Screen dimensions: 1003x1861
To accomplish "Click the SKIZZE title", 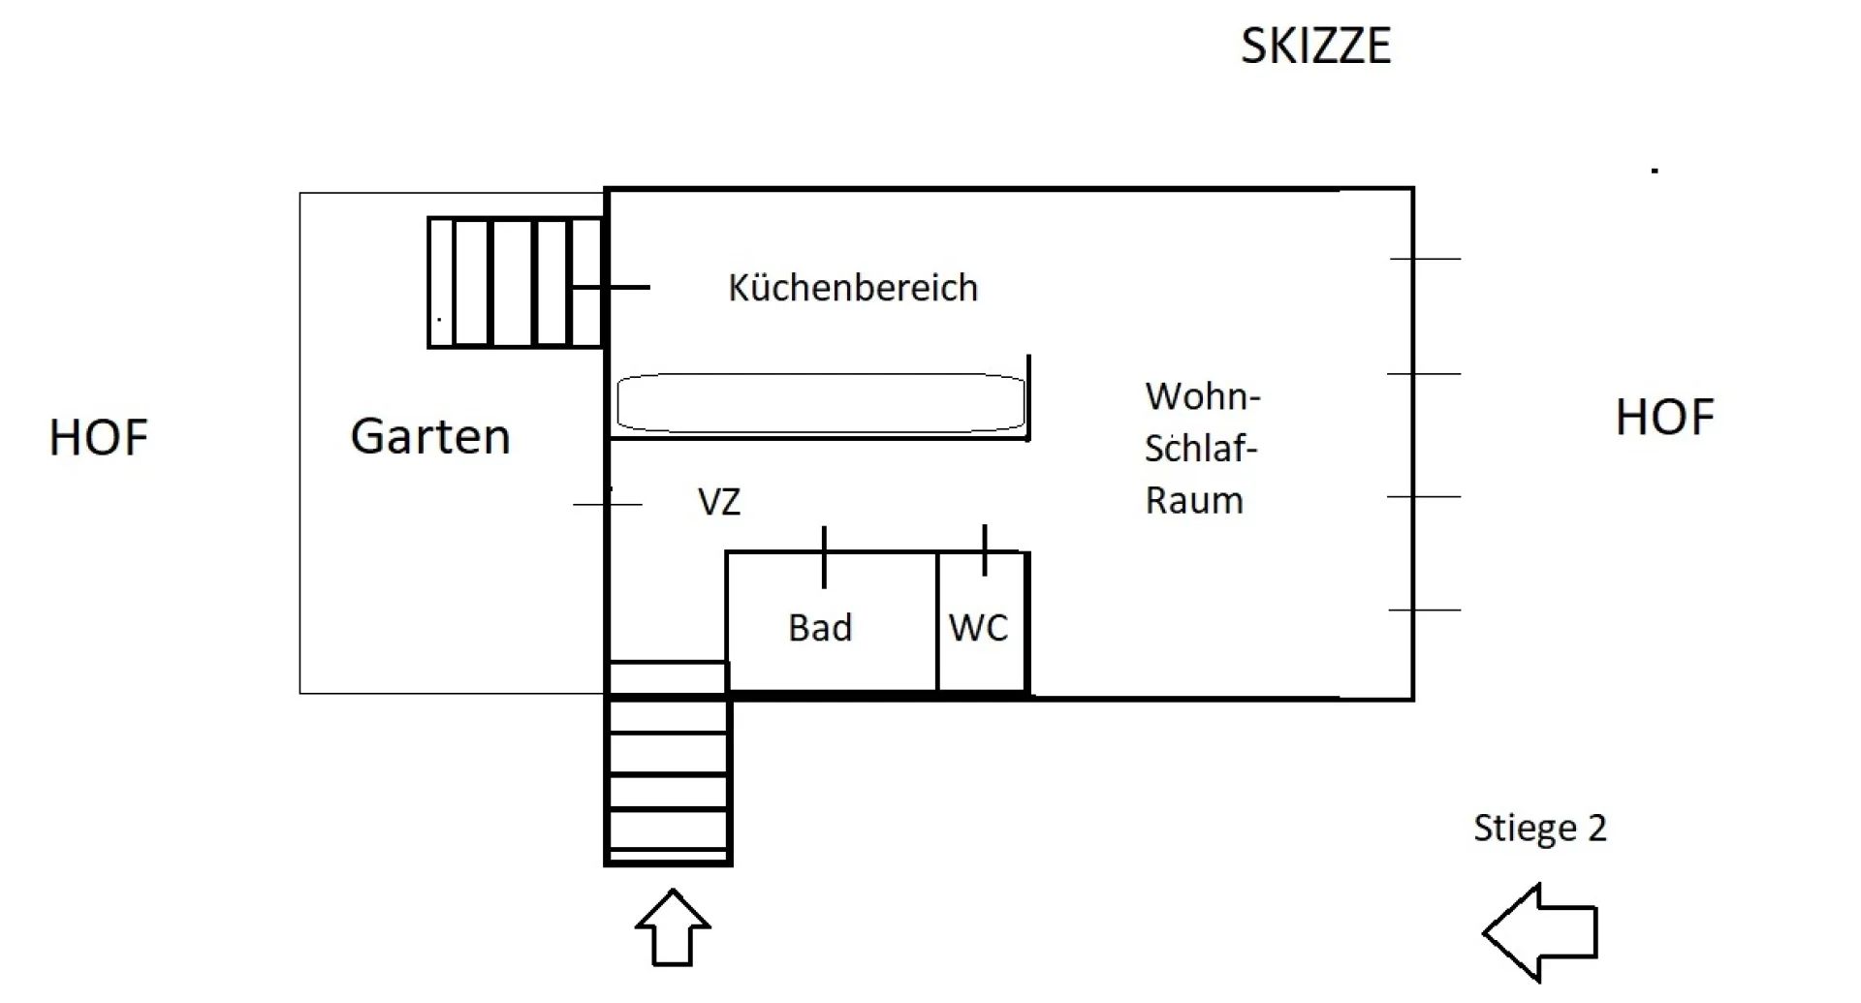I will [x=1315, y=47].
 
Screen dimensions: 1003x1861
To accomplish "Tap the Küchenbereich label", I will [x=853, y=288].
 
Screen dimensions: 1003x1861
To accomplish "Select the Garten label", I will [x=430, y=436].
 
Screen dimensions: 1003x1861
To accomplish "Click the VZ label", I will [x=719, y=502].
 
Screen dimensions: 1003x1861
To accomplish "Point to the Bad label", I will [x=820, y=628].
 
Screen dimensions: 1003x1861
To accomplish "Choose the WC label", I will [x=978, y=628].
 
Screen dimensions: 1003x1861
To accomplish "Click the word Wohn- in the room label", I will [x=1202, y=396].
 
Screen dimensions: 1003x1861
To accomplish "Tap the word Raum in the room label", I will [x=1194, y=501].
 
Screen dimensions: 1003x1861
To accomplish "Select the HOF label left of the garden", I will [x=98, y=438].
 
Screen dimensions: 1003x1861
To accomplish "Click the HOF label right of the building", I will [x=1664, y=418].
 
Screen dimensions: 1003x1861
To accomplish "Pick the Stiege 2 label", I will [x=1539, y=829].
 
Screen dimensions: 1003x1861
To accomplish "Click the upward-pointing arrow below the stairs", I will [x=673, y=927].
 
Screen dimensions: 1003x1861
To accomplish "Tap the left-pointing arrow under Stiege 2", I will [x=1540, y=932].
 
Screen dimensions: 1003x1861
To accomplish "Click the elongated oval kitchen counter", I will [x=821, y=403].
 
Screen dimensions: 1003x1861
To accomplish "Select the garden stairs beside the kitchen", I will [x=515, y=282].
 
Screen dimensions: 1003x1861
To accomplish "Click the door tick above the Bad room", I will [x=824, y=557].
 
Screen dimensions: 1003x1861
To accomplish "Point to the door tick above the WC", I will [x=985, y=550].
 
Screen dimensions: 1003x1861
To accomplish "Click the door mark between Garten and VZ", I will [x=608, y=504].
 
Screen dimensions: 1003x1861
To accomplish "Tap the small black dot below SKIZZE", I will [x=1656, y=171].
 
